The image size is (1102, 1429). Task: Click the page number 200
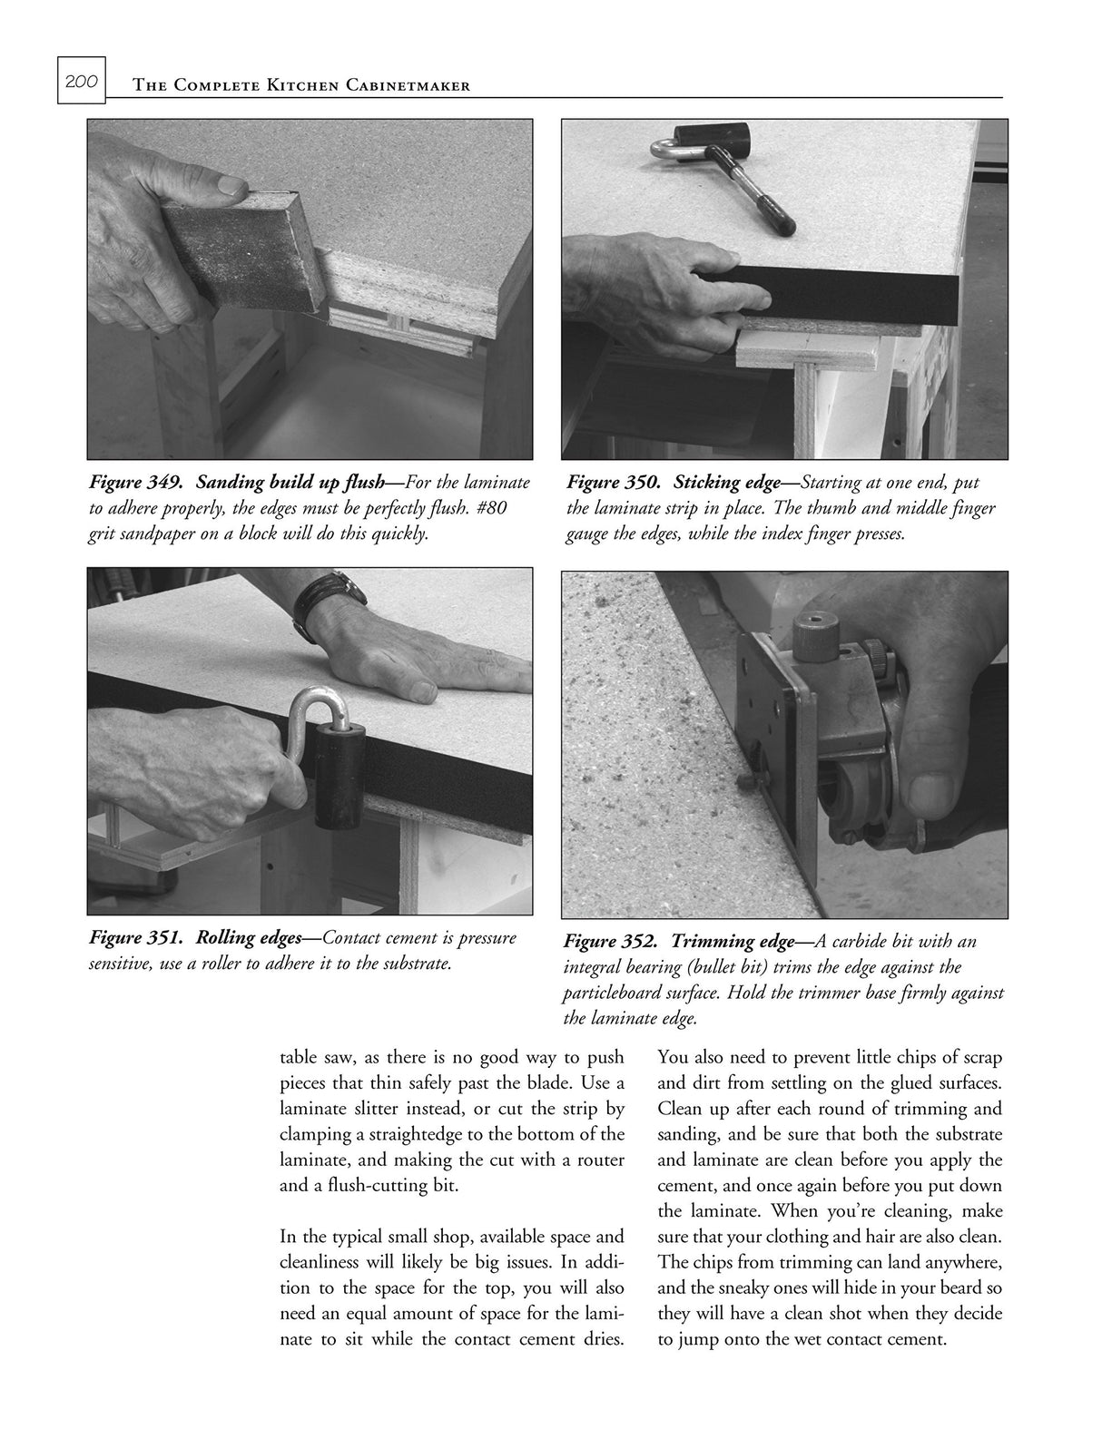click(82, 82)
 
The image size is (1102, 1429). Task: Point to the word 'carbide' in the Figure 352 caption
click(821, 942)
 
